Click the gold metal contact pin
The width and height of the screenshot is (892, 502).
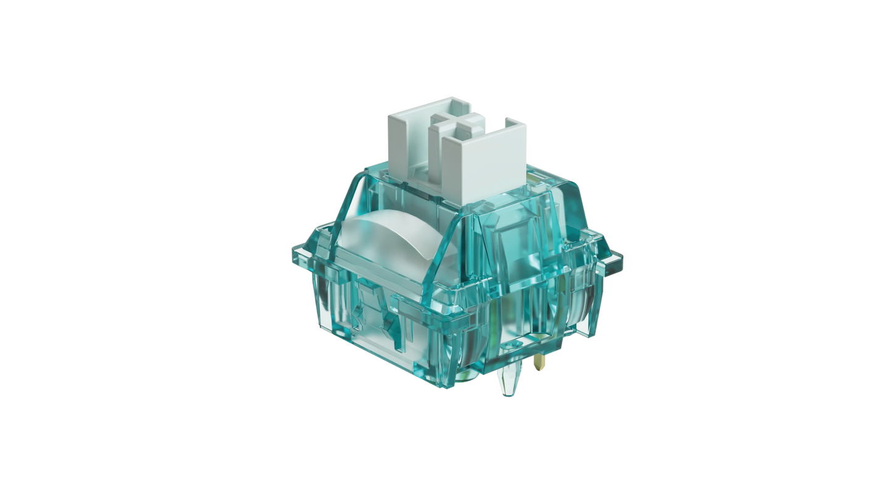(x=540, y=361)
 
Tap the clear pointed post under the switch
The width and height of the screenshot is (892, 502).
(x=508, y=380)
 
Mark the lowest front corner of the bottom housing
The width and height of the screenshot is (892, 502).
(x=446, y=386)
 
